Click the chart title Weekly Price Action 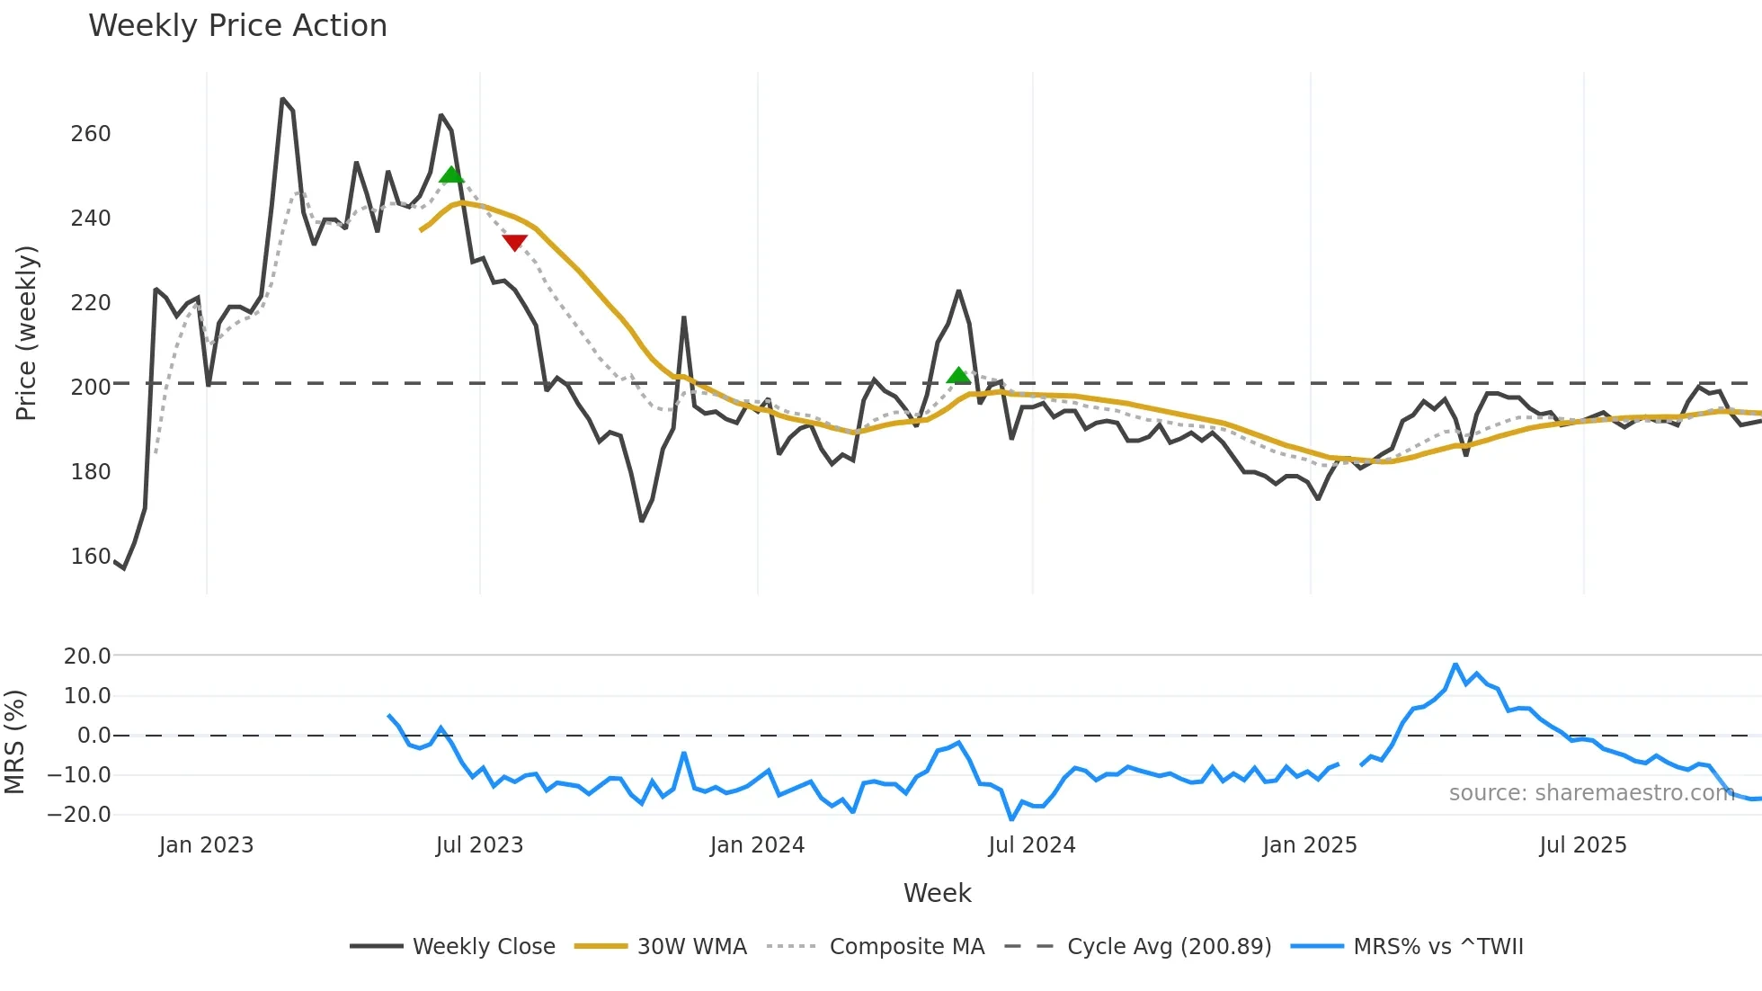(237, 25)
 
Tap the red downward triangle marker (514, 242)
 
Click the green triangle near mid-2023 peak (451, 174)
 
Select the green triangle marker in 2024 (958, 375)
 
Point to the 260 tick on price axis (90, 134)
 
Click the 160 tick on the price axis (90, 557)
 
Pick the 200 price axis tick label (90, 388)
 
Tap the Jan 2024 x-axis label (757, 845)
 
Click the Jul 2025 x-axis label (1582, 845)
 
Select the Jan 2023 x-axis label (206, 845)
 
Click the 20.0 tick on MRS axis (87, 656)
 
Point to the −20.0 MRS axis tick (79, 815)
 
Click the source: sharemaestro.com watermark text (1591, 793)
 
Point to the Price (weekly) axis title (26, 333)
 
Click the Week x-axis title (937, 893)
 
